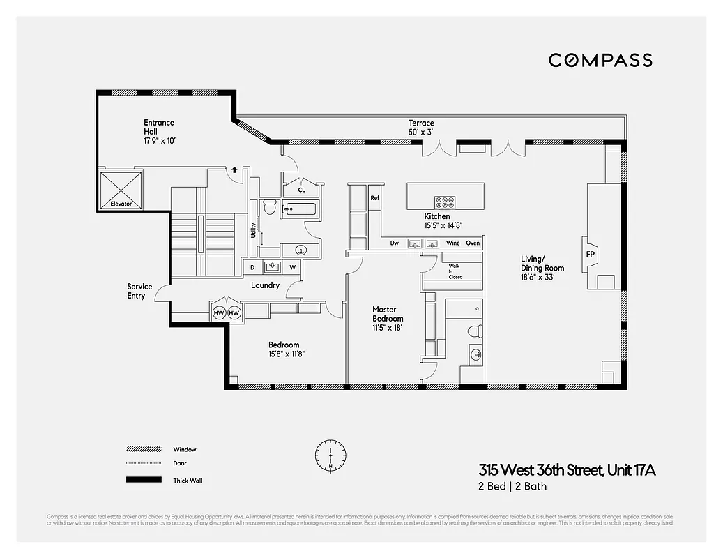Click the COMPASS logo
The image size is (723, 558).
[x=600, y=60]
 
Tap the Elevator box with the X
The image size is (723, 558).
[x=121, y=190]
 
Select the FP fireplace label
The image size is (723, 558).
[x=590, y=254]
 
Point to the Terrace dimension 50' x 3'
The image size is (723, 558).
[x=421, y=133]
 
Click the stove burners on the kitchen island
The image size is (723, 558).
[x=443, y=202]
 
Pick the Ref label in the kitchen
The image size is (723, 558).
[x=374, y=198]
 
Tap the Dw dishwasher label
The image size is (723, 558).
[x=394, y=243]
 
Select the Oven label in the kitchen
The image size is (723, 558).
[x=473, y=243]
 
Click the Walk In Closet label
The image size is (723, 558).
[x=455, y=271]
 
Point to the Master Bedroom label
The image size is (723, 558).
[x=388, y=314]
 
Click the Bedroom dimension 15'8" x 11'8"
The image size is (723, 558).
[x=286, y=354]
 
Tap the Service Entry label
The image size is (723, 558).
[x=139, y=292]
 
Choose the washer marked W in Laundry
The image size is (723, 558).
[x=293, y=267]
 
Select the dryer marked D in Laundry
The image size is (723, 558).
[x=252, y=267]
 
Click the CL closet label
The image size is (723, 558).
[x=301, y=189]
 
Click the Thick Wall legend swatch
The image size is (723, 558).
[x=142, y=480]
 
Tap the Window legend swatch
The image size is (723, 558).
[x=142, y=449]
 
